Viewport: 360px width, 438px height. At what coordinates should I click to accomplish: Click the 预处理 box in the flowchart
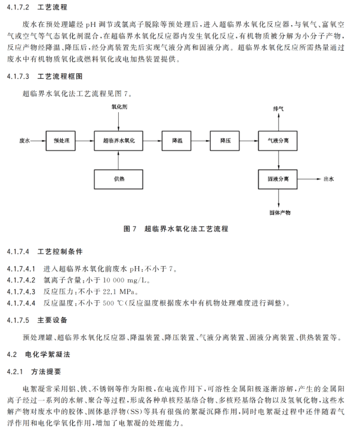(x=61, y=141)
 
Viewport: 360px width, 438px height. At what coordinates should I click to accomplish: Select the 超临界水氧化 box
(x=119, y=141)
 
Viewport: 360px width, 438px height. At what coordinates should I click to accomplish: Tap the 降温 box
(x=177, y=141)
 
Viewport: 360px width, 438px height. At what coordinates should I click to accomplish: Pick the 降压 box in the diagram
(x=224, y=141)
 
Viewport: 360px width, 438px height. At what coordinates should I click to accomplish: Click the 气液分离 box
(x=278, y=141)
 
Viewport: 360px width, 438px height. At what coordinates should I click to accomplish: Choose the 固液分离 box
(x=278, y=179)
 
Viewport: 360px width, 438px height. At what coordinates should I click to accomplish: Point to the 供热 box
(x=119, y=179)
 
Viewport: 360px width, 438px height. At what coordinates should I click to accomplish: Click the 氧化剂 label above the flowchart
(x=119, y=107)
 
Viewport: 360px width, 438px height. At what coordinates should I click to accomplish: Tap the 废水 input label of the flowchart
(x=24, y=141)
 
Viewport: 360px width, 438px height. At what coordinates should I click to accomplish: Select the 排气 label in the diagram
(x=278, y=109)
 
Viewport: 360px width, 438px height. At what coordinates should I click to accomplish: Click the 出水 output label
(x=329, y=179)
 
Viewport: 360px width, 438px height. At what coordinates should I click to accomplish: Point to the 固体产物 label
(x=280, y=213)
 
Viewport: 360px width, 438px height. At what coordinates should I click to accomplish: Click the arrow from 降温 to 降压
(x=201, y=141)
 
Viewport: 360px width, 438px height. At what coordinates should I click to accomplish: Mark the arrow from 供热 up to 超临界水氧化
(x=119, y=160)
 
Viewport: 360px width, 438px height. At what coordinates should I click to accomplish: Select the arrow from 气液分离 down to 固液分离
(x=278, y=160)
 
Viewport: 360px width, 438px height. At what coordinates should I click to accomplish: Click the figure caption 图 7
(x=130, y=229)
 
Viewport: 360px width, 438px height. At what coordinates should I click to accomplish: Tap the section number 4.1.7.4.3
(x=21, y=292)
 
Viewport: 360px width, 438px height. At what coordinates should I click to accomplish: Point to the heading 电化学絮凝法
(x=48, y=354)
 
